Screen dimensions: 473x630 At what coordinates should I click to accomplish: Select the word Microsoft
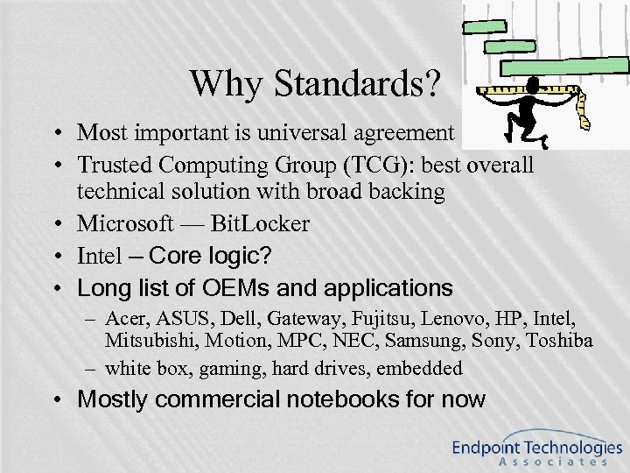click(x=127, y=224)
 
